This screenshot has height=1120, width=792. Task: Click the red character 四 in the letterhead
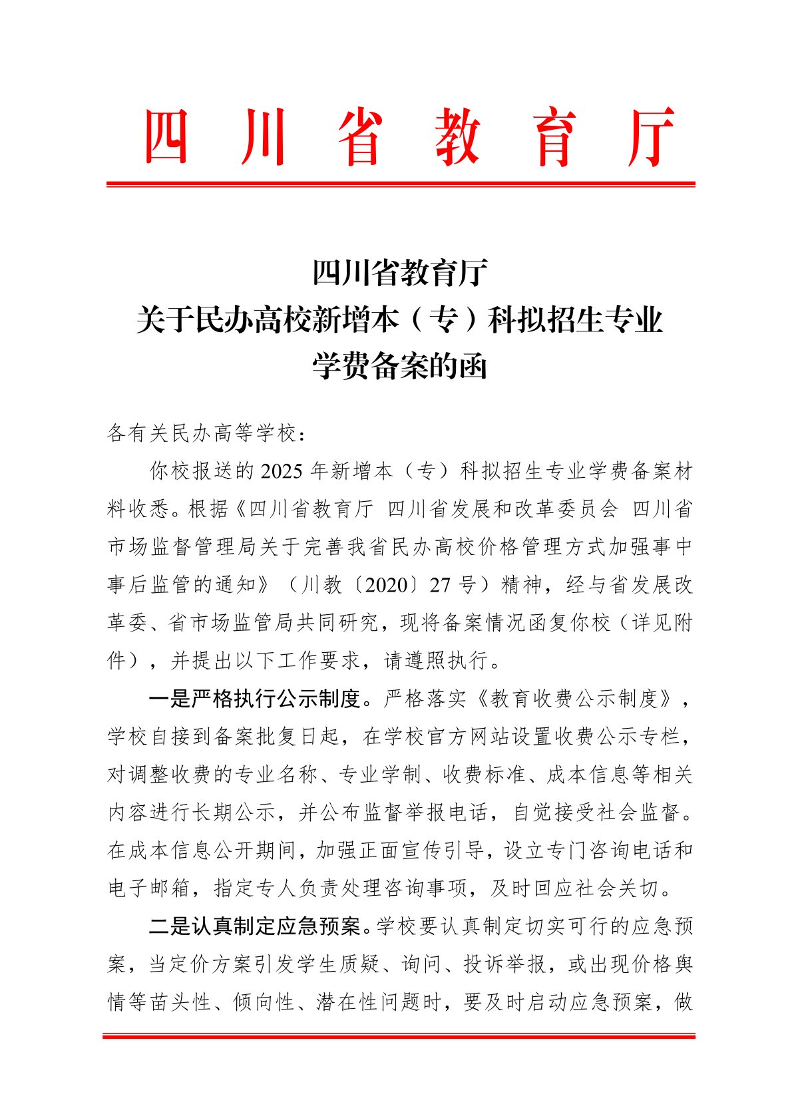tap(166, 137)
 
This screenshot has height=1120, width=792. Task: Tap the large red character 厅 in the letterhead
tap(652, 137)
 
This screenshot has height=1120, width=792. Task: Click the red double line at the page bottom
tap(399, 1036)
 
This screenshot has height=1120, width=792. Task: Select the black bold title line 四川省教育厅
tap(400, 273)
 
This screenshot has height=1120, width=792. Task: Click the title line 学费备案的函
tap(400, 366)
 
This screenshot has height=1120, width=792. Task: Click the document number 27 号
tap(453, 586)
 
